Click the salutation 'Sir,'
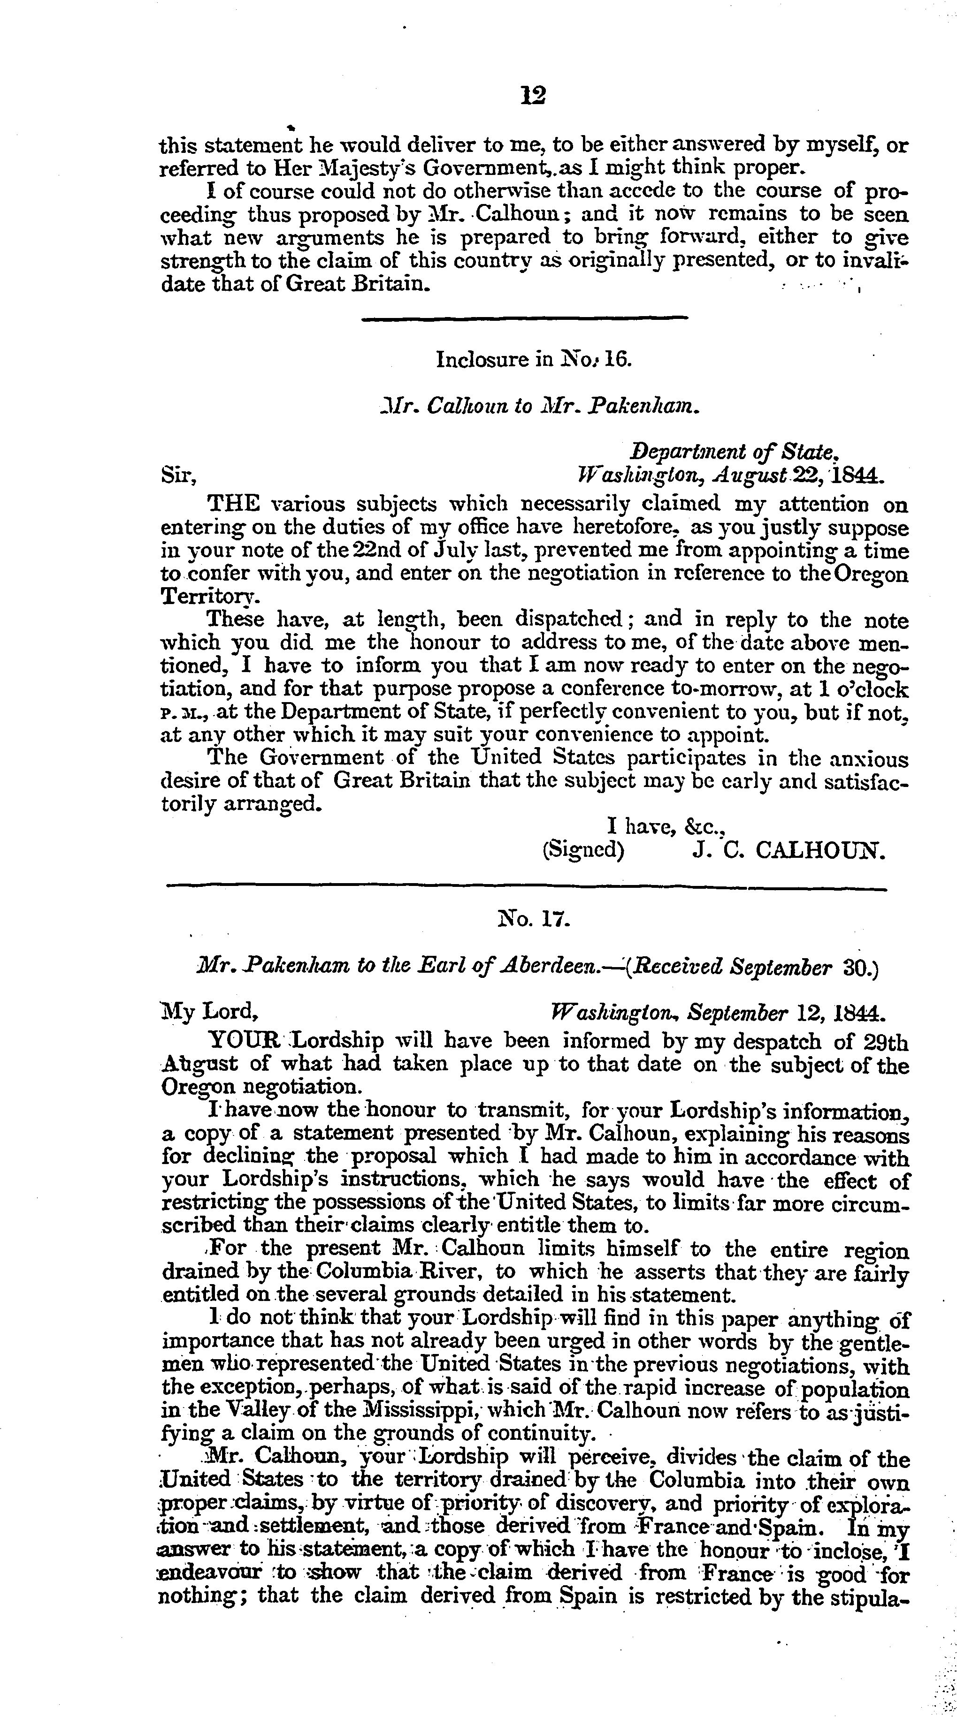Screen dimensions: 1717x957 coord(178,477)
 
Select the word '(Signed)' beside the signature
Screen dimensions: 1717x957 coord(583,850)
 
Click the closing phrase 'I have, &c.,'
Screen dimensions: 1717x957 coord(666,827)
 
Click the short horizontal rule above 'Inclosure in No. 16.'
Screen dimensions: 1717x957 coord(524,318)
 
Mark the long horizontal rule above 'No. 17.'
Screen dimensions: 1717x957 coord(526,887)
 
